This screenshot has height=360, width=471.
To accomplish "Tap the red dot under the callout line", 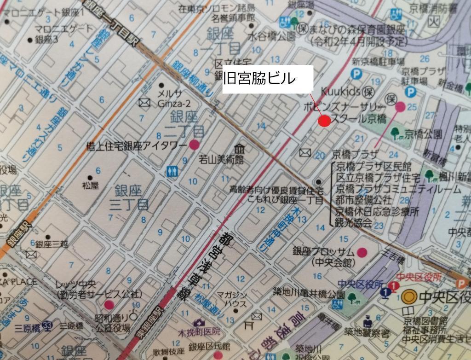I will click(x=325, y=121).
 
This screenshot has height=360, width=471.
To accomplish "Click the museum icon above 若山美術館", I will click(x=239, y=150).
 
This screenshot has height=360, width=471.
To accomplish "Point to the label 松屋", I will click(x=91, y=186).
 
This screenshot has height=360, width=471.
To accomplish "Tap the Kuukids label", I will click(x=340, y=92).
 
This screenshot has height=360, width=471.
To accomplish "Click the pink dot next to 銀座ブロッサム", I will click(x=362, y=252).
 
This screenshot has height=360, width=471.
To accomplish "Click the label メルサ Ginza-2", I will click(x=171, y=98).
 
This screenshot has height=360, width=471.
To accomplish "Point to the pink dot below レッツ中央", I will click(x=109, y=304).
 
